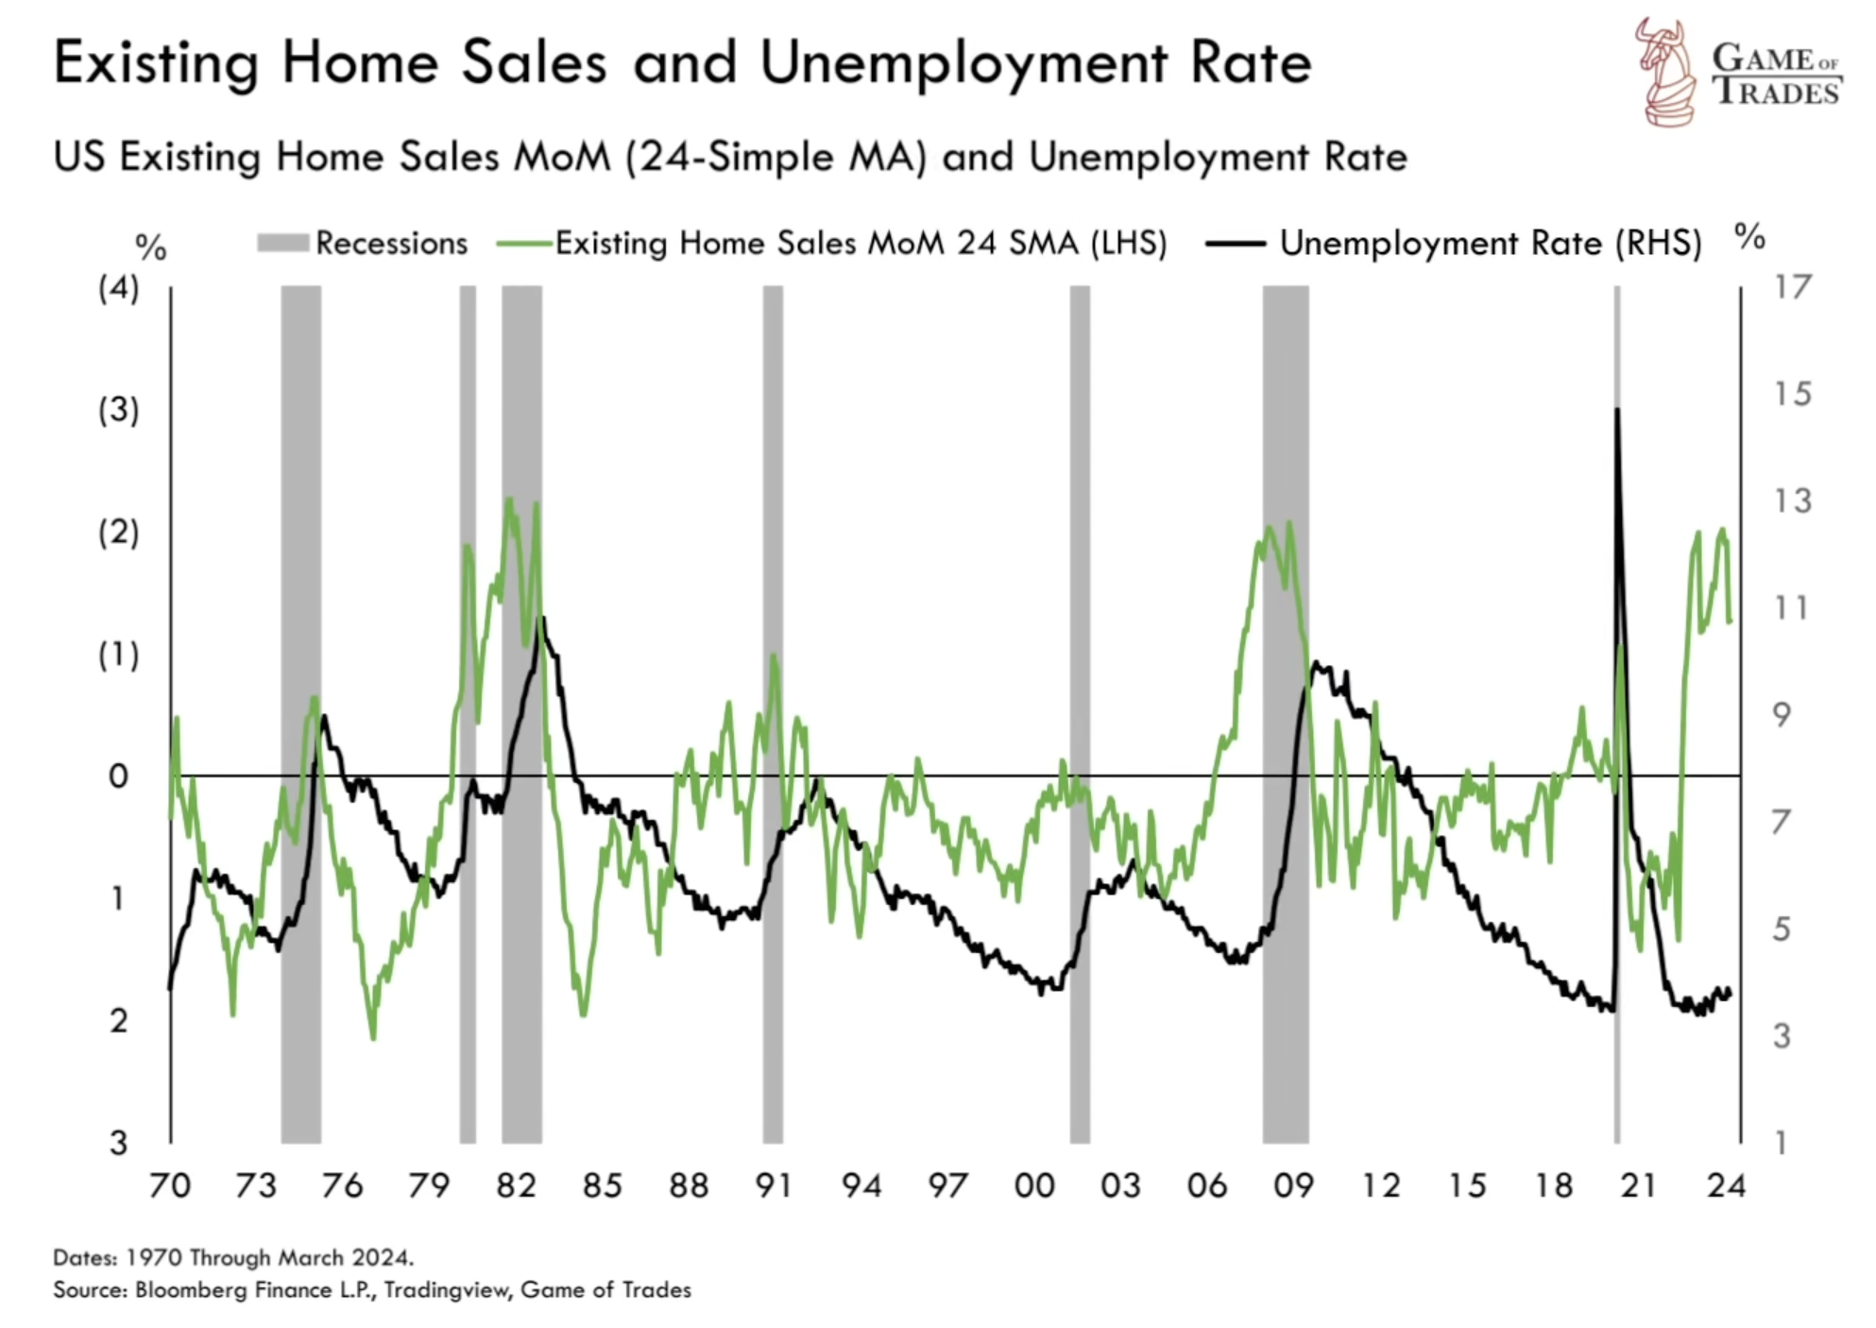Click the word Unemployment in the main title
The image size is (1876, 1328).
964,64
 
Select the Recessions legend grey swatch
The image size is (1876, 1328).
282,244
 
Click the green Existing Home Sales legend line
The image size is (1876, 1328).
524,244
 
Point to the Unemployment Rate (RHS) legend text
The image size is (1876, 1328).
1490,244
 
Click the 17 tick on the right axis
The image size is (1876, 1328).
1792,286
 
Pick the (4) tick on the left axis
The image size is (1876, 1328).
118,287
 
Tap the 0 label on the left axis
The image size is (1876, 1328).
118,776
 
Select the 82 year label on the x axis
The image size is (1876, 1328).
516,1185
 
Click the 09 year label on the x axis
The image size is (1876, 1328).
1293,1185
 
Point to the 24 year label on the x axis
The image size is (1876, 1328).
1726,1185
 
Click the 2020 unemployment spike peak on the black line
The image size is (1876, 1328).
1617,410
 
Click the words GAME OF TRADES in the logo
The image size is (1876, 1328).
1776,75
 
